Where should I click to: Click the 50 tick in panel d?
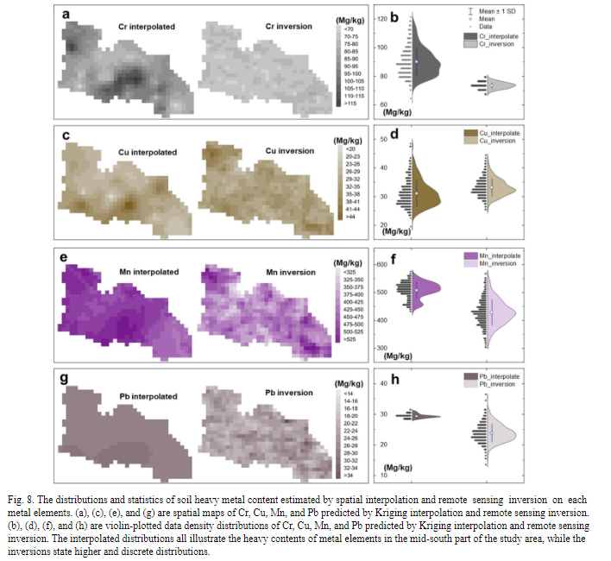(382, 139)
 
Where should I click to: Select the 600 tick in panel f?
(381, 264)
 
